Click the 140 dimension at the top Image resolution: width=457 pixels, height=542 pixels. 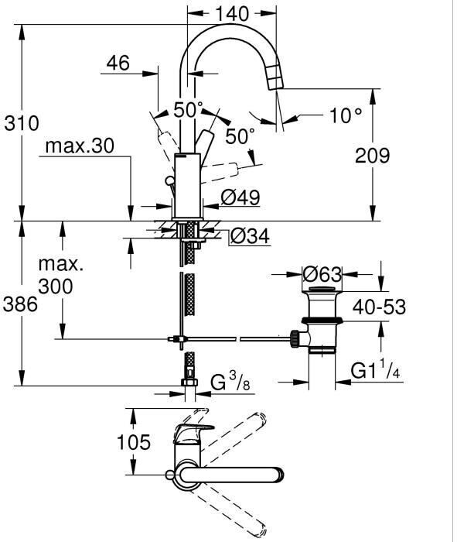click(232, 14)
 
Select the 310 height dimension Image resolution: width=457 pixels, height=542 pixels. click(22, 123)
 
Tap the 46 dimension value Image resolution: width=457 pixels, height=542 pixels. click(118, 63)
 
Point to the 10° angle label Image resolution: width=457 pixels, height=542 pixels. click(346, 115)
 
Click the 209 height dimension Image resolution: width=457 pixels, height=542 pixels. click(373, 156)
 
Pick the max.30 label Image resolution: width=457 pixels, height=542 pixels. click(80, 146)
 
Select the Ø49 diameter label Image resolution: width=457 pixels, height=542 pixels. click(240, 197)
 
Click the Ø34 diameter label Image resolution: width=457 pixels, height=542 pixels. click(250, 236)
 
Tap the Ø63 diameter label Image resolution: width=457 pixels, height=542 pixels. click(322, 274)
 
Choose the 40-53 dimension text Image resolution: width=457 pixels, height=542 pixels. click(379, 307)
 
